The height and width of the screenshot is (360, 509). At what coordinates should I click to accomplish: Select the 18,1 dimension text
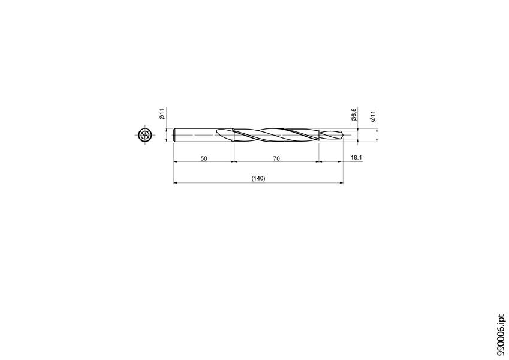[x=356, y=157]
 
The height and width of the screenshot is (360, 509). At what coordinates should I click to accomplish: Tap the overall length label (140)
[x=258, y=179]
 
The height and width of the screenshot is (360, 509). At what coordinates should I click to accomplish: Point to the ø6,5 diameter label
[x=354, y=114]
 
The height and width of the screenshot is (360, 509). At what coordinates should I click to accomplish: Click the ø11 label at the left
[x=162, y=114]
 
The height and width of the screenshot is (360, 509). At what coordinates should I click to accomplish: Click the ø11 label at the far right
[x=372, y=116]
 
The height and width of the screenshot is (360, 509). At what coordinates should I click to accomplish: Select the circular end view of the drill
[x=144, y=135]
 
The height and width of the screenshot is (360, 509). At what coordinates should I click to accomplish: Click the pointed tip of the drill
[x=343, y=135]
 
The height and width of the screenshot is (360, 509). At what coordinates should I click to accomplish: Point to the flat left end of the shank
[x=174, y=135]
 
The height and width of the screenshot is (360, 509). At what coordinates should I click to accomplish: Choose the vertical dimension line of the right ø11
[x=377, y=135]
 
